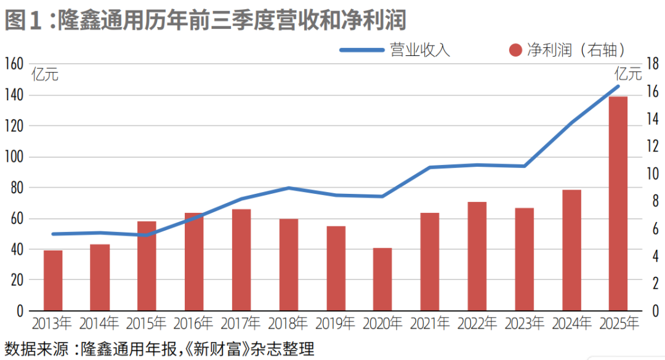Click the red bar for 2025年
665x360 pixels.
pos(618,203)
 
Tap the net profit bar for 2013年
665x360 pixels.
pos(53,280)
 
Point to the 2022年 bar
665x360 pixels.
pos(477,256)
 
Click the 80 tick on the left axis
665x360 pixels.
pos(16,188)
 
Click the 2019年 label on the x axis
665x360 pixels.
pos(336,323)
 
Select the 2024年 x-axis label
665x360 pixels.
pos(571,323)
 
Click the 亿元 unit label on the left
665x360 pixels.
pos(45,76)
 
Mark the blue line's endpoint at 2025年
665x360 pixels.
pos(618,86)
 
